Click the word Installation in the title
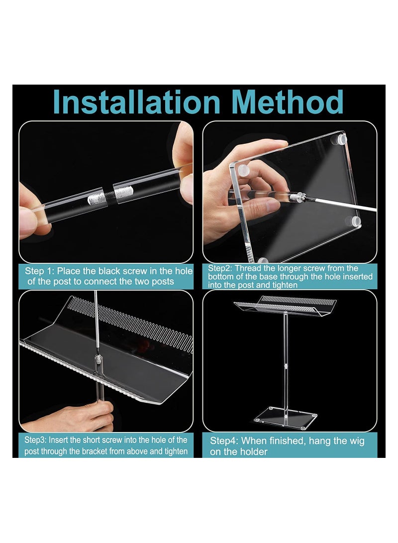(136, 102)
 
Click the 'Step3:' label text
(36, 440)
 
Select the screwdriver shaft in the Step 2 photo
(338, 205)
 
